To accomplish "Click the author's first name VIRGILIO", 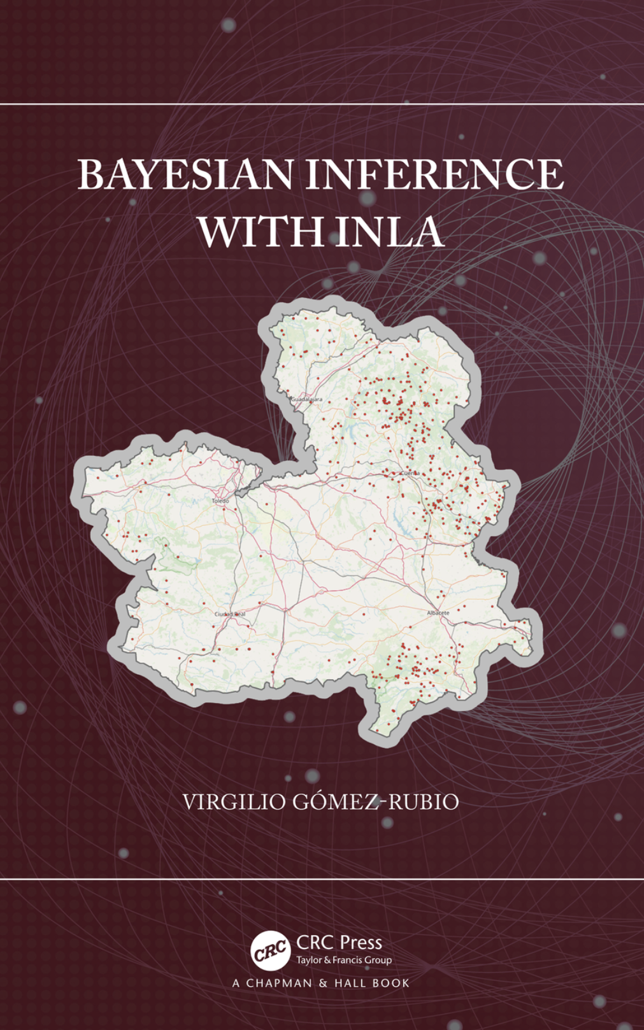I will [234, 802].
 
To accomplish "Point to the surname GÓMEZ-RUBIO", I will [375, 801].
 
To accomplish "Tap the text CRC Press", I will [339, 942].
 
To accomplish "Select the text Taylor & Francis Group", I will [344, 960].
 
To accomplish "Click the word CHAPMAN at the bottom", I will [279, 984].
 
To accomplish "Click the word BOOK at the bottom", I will [391, 984].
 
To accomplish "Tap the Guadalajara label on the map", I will [307, 399].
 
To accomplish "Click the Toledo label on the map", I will [220, 501].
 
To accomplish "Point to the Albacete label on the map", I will [438, 613].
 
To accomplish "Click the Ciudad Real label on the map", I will [229, 614].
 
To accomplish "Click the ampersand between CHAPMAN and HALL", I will [323, 984].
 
